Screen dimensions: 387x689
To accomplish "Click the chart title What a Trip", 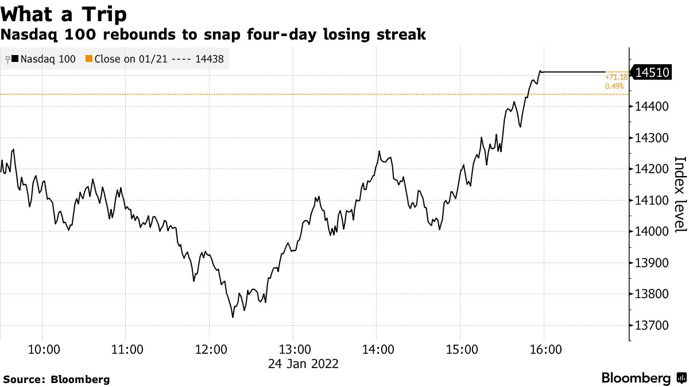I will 64,13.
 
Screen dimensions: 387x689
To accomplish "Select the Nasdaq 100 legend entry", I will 44,58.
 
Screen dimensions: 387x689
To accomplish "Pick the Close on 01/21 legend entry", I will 154,58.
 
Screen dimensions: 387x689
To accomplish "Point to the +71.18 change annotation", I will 616,76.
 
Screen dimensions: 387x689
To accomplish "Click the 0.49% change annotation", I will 614,86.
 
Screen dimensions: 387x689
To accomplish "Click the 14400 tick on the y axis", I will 651,107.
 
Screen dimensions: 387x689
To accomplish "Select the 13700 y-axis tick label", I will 651,326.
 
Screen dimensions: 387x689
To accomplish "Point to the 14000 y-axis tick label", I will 651,232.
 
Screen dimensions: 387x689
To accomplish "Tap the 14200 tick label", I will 651,169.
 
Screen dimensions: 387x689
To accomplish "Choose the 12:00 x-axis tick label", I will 210,349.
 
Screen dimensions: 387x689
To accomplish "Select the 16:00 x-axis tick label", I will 544,349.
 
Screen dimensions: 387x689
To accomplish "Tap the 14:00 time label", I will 377,349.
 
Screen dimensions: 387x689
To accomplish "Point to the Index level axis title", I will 679,194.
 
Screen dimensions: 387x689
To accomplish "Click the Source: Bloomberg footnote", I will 56,379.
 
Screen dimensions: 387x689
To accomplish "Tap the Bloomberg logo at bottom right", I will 643,378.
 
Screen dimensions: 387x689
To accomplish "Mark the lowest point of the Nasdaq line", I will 233,317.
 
